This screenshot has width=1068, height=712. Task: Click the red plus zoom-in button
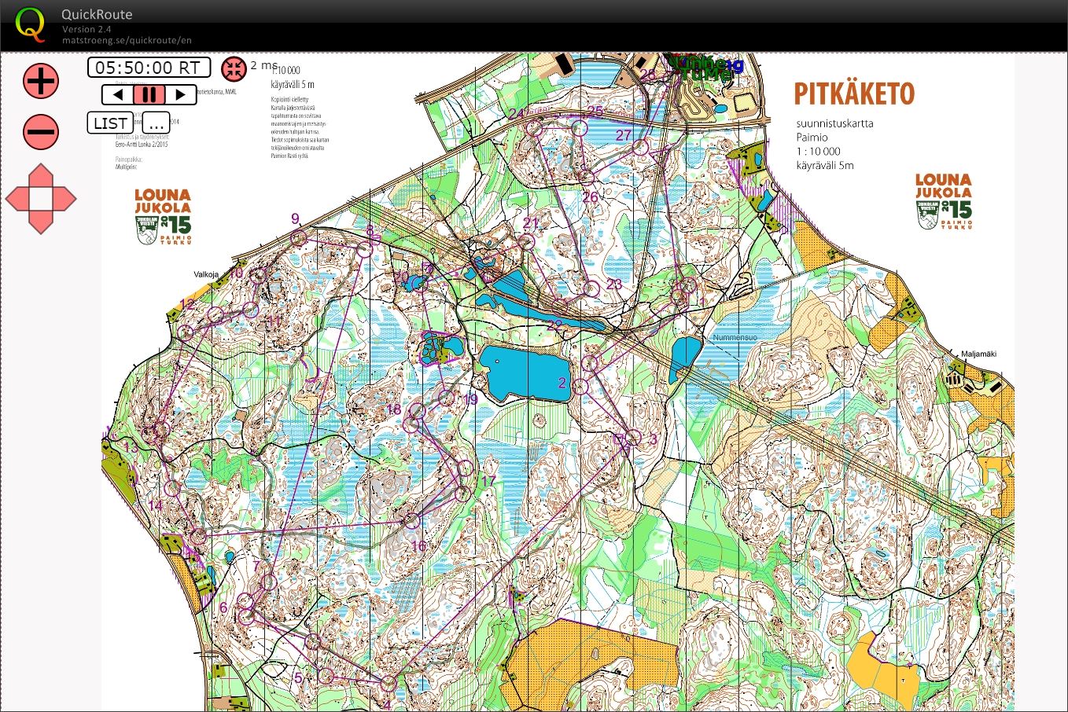40,81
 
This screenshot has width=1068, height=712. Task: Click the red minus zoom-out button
40,131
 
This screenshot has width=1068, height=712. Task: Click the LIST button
111,123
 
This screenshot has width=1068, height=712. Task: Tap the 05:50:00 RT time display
149,68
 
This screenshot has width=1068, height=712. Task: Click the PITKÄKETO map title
854,94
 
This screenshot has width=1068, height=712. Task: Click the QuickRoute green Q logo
30,24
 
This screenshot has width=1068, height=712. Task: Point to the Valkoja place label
206,275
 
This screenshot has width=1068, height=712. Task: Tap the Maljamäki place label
978,354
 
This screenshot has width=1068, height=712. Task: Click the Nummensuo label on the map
735,337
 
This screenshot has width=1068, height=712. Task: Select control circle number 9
298,238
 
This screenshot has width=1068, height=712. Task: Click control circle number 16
413,520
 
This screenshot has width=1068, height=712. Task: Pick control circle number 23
591,289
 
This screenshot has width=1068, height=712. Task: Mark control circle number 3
633,439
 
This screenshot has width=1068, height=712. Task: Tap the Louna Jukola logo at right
943,201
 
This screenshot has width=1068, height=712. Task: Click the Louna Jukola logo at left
163,215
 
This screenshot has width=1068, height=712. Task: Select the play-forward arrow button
180,95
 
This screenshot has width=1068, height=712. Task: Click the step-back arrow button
118,95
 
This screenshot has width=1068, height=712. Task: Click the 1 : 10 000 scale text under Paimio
818,151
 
